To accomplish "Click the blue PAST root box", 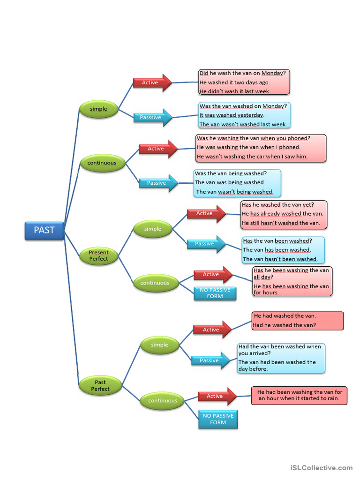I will (44, 230).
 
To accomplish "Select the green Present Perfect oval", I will (98, 255).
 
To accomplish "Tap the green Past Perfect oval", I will (100, 385).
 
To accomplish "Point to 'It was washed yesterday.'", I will (232, 115).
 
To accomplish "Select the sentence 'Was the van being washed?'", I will (231, 173).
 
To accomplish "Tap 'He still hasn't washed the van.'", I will (281, 223).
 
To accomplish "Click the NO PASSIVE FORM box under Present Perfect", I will (215, 293).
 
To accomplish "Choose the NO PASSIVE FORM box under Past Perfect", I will (218, 419).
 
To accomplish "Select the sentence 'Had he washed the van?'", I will (284, 325).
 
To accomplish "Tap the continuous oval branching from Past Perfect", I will (163, 401).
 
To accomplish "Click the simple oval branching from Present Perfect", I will (152, 229).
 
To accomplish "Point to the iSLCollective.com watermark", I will (321, 468).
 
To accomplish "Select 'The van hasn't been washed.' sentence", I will (280, 259).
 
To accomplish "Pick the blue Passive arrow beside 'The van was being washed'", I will (157, 183).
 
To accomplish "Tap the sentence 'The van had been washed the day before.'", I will (277, 365).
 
